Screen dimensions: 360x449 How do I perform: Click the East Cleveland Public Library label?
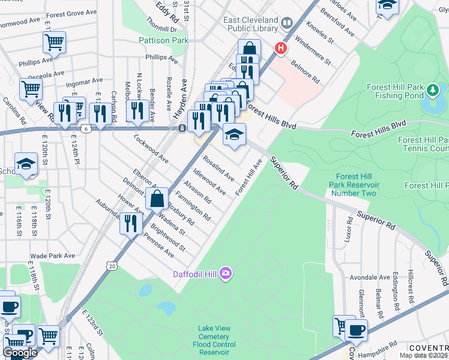tap(251, 24)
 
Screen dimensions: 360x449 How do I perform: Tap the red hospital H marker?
tap(280, 47)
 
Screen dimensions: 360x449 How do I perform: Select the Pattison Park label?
tap(163, 40)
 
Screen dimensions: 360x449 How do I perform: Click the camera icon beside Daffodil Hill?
tap(226, 274)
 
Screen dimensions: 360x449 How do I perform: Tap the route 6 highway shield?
tap(86, 128)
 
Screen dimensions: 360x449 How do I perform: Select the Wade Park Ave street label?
tap(53, 256)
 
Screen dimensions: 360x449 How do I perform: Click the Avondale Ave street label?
tap(370, 278)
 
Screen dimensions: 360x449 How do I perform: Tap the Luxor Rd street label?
tap(348, 229)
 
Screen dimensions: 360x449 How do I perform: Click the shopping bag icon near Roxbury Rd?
tap(157, 199)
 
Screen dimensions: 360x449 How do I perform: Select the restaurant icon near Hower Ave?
tap(130, 223)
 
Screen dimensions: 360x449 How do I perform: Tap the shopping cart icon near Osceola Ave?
tap(31, 89)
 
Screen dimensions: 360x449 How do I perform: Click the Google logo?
tap(20, 353)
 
